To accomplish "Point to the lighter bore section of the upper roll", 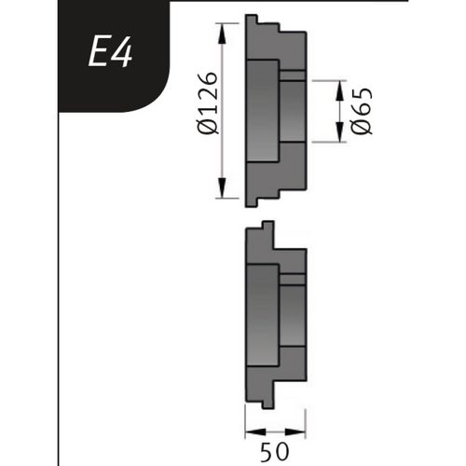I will (263, 111).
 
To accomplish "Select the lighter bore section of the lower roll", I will (263, 317).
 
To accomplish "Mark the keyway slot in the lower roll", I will (293, 279).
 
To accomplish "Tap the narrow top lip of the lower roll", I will (267, 226).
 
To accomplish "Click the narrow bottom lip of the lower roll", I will (267, 401).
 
